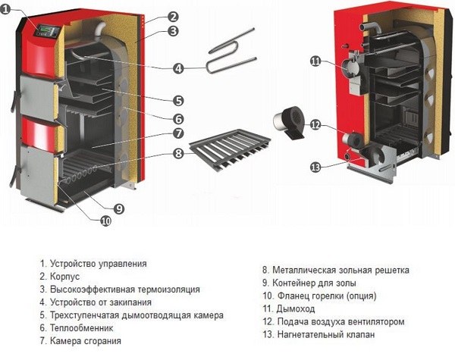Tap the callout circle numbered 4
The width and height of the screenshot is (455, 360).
coord(178,67)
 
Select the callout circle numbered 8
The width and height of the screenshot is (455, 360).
coord(178,153)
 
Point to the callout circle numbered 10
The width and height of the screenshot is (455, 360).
coord(105,221)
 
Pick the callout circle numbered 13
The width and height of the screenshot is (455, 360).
coord(316,167)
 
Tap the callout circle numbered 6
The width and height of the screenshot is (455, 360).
coord(178,118)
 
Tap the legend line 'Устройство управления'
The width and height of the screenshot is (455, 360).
coord(98,264)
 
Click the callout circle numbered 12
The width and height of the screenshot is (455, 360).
coord(316,125)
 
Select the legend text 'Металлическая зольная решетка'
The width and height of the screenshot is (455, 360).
coord(340,269)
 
